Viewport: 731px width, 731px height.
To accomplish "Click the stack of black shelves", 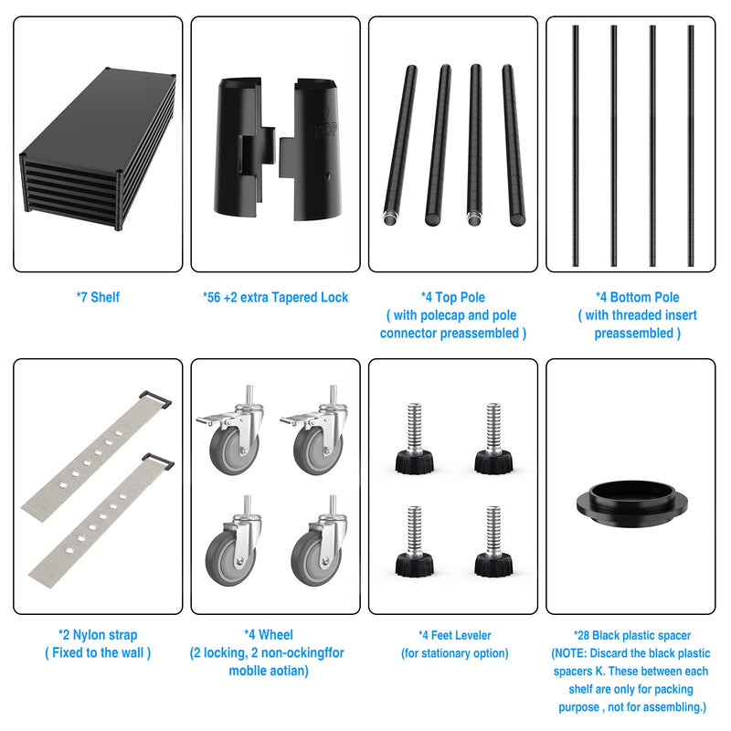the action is [x=98, y=149].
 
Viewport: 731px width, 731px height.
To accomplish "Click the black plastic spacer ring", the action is [x=631, y=504].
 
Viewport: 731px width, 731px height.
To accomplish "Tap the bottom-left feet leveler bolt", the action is [x=415, y=542].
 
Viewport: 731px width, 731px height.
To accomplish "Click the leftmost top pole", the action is [x=400, y=145].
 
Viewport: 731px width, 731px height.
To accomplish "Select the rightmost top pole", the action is [x=514, y=145].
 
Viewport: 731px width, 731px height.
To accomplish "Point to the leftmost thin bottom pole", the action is [x=576, y=146].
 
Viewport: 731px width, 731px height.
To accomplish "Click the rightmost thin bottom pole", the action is [x=691, y=146].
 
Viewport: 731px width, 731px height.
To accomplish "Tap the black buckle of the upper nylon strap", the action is [x=155, y=399].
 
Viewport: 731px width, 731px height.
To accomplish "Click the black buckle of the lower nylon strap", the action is [x=158, y=461].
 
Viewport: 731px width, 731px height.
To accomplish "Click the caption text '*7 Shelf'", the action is [x=98, y=298].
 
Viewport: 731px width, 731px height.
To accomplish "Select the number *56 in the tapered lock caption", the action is [x=212, y=298].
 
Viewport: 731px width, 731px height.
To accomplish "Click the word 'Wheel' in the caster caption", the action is [x=276, y=635].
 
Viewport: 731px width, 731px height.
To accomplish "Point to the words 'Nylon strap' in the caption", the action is [x=105, y=635].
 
